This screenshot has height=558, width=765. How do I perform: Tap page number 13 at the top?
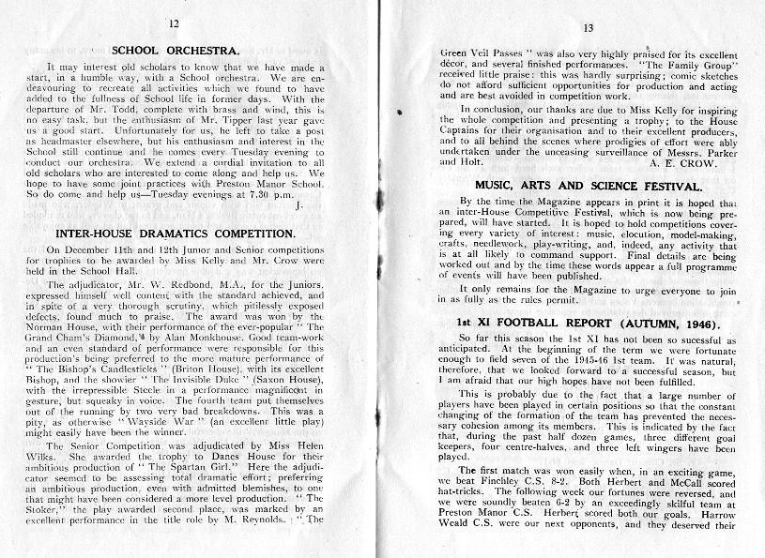pos(589,29)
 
